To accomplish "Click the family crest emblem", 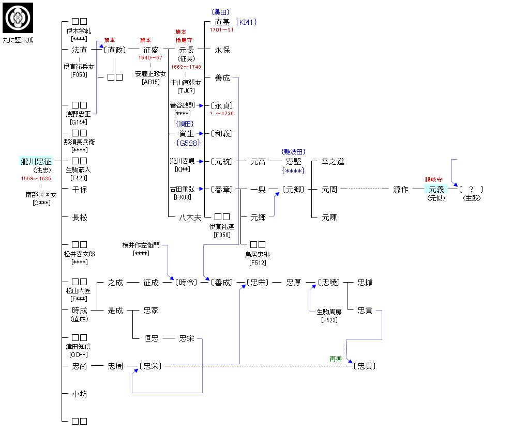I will click(18, 18).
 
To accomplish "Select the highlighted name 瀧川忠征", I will click(36, 162).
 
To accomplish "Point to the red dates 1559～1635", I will click(36, 178).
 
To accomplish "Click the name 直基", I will click(222, 22).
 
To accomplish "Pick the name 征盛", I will click(151, 50).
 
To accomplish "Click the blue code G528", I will click(188, 143).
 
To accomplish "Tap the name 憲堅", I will click(293, 162).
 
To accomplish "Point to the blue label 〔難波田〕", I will click(293, 152).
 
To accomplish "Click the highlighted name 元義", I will click(436, 190).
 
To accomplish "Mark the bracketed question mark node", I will click(471, 190).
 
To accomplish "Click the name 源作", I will click(401, 190).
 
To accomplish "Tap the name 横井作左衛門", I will click(142, 245).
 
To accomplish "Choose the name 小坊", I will click(79, 394).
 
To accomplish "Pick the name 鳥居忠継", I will click(258, 254).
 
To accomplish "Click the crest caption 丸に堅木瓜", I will click(18, 40).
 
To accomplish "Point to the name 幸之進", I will click(333, 162).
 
